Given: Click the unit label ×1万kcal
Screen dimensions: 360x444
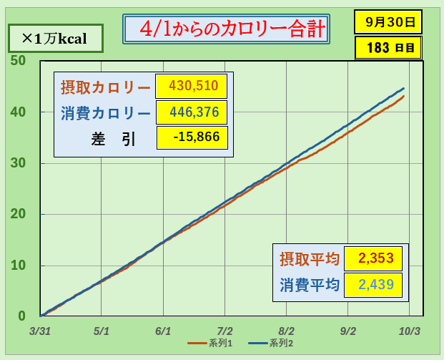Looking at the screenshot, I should click(54, 38).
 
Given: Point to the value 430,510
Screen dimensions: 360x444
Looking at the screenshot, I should click(192, 87).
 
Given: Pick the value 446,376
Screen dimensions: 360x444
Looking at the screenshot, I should click(192, 112).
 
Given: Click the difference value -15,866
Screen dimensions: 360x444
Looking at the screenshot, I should click(192, 136).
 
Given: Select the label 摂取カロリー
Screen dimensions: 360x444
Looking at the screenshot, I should click(105, 88).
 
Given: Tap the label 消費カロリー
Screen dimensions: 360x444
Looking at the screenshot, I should click(105, 112).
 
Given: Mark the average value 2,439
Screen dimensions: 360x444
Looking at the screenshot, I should click(373, 285).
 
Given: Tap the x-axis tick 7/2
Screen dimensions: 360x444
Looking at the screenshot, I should click(225, 331).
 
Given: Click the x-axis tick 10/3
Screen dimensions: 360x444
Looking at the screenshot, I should click(409, 331).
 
